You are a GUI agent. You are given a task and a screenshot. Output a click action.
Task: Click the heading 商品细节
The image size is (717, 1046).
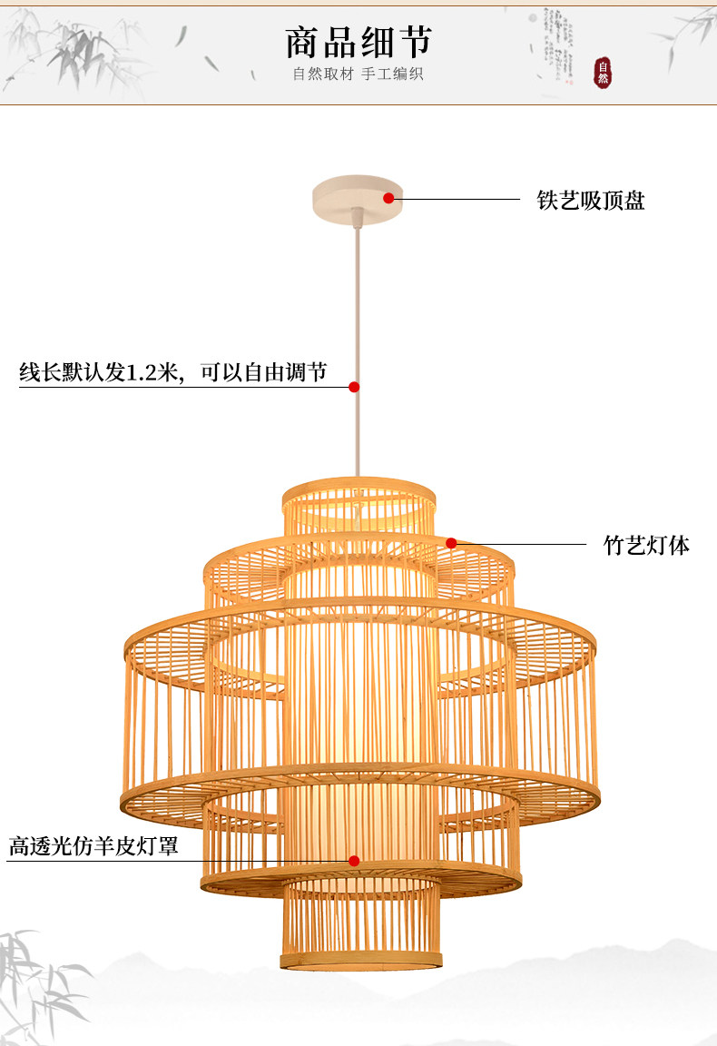[x=358, y=42]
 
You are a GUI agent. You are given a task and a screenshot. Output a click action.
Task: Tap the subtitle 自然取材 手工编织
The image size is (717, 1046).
[x=358, y=74]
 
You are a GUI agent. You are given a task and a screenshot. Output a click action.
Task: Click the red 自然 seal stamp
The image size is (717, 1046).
[x=603, y=73]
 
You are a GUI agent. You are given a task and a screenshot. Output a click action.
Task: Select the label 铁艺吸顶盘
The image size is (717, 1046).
[x=591, y=201]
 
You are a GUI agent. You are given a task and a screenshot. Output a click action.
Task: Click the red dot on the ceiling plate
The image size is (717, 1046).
[x=388, y=197]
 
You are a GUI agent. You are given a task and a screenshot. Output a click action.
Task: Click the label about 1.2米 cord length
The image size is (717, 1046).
[x=173, y=372]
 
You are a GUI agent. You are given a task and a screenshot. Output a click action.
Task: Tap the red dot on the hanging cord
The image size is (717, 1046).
[x=354, y=387]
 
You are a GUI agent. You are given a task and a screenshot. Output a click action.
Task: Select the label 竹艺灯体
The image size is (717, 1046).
[x=646, y=545]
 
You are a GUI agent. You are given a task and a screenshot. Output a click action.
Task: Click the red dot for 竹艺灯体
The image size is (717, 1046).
[x=451, y=543]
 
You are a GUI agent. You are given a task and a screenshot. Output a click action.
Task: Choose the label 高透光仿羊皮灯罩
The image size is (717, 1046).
[x=93, y=847]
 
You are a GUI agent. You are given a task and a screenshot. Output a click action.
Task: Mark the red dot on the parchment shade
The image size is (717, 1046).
[x=354, y=860]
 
